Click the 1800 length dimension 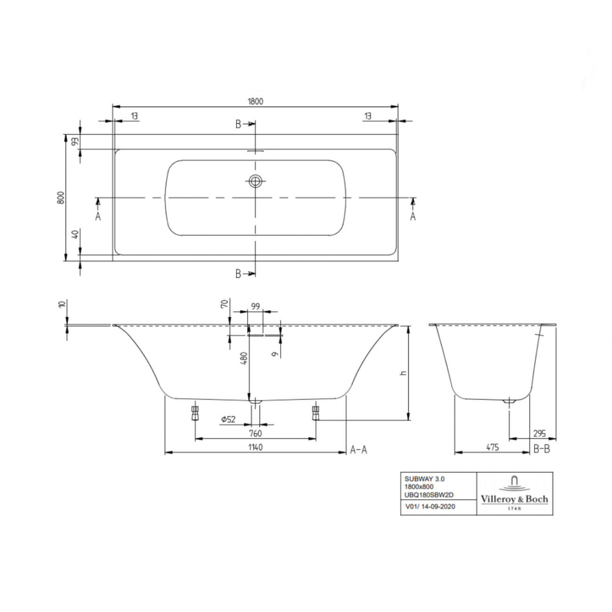pyautogui.click(x=255, y=101)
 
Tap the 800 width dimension pyautogui.click(x=61, y=198)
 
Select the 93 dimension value pyautogui.click(x=75, y=142)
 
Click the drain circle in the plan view pyautogui.click(x=255, y=181)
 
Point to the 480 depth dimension pyautogui.click(x=244, y=358)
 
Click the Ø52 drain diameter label pyautogui.click(x=229, y=419)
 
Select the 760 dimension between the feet pyautogui.click(x=255, y=433)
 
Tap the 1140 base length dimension pyautogui.click(x=255, y=447)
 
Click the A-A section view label pyautogui.click(x=359, y=450)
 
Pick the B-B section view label pyautogui.click(x=542, y=449)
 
